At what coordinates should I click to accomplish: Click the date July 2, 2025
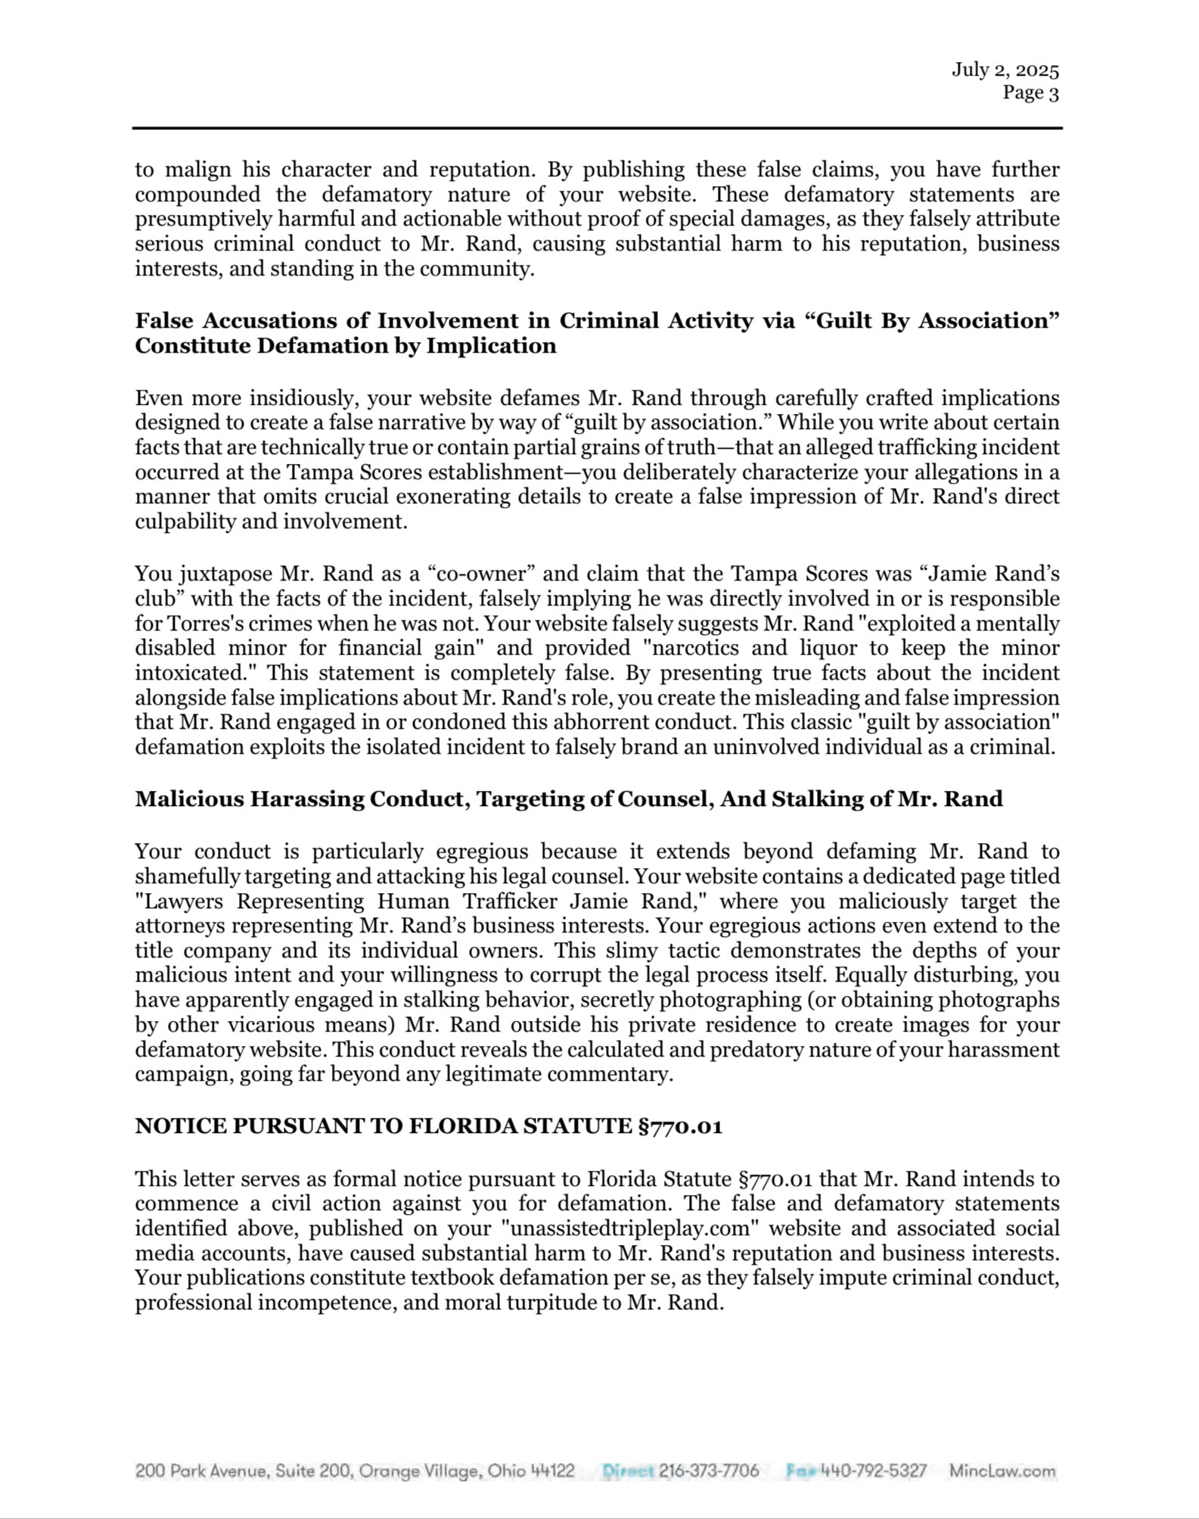pos(1005,70)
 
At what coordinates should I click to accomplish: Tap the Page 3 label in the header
pos(1030,93)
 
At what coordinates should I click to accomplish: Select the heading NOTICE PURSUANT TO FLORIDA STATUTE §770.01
pos(428,1126)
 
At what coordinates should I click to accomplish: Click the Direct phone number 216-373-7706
pos(709,1471)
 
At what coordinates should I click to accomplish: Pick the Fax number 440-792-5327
pos(874,1471)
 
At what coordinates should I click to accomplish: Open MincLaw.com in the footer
pos(1002,1471)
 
